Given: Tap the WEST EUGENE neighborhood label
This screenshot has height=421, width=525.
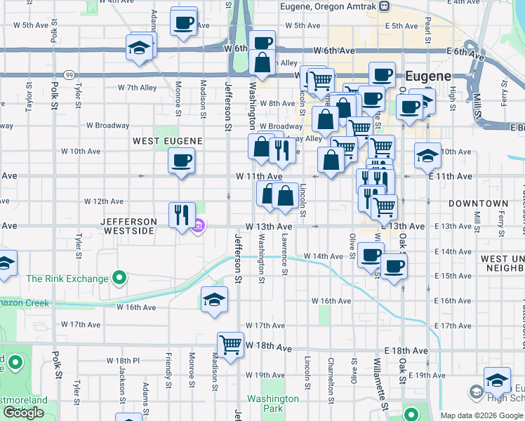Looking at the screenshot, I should point(168,141).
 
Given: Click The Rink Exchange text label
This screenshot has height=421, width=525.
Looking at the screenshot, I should point(67,279).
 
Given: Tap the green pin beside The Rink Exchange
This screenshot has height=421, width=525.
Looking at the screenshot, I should point(119,279).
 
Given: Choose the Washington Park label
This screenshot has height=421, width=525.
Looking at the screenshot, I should point(273,403).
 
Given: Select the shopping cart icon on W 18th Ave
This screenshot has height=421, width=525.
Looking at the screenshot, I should point(230,345).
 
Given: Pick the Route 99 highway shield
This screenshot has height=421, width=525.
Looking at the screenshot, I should point(69,75).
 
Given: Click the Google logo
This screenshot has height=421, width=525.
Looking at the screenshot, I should point(23,413).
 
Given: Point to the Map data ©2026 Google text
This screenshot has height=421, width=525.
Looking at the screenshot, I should point(481,416).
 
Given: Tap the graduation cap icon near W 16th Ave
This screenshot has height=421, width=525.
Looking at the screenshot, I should point(214,300).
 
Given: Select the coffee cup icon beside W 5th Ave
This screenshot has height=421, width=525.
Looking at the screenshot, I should point(183,22).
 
